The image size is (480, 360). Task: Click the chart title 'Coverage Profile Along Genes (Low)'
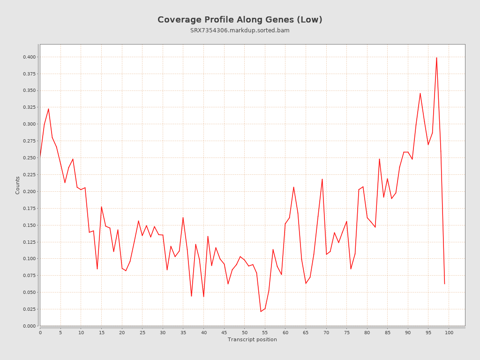click(x=240, y=20)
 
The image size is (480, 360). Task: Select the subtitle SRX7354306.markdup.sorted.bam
click(x=240, y=30)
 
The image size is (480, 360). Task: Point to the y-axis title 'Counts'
click(x=18, y=185)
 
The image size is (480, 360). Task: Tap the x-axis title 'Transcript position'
click(x=252, y=339)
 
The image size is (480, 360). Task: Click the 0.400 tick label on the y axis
click(x=29, y=57)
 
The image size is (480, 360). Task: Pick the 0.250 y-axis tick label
click(x=29, y=158)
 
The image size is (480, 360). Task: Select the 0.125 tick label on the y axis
click(x=29, y=242)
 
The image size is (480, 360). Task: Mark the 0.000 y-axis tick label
click(x=29, y=326)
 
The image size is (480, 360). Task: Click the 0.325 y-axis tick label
click(x=29, y=107)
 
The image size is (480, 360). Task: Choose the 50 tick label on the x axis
click(x=245, y=332)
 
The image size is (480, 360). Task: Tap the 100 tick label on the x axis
click(x=449, y=332)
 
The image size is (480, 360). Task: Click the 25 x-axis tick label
click(x=142, y=332)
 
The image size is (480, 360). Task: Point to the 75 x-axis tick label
click(x=347, y=332)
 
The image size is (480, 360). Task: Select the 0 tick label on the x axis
click(x=40, y=332)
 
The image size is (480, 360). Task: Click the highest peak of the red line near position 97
click(x=436, y=58)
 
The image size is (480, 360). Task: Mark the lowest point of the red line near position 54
click(x=261, y=311)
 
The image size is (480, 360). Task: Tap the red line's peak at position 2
click(x=48, y=109)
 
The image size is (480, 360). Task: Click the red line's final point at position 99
click(x=444, y=284)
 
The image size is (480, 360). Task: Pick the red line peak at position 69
click(x=322, y=179)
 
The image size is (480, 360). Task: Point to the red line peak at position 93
click(x=420, y=93)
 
